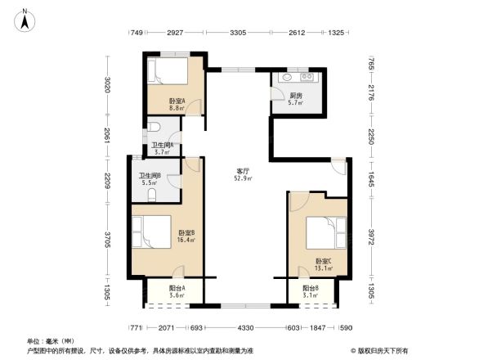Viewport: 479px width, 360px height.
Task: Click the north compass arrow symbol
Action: (26, 20)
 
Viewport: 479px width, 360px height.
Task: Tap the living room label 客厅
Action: (243, 169)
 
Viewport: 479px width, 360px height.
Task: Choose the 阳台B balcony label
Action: (310, 288)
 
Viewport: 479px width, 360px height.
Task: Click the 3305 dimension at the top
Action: (238, 33)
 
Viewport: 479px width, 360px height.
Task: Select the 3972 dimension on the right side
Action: (370, 236)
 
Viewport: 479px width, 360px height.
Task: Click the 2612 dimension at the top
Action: (297, 33)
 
